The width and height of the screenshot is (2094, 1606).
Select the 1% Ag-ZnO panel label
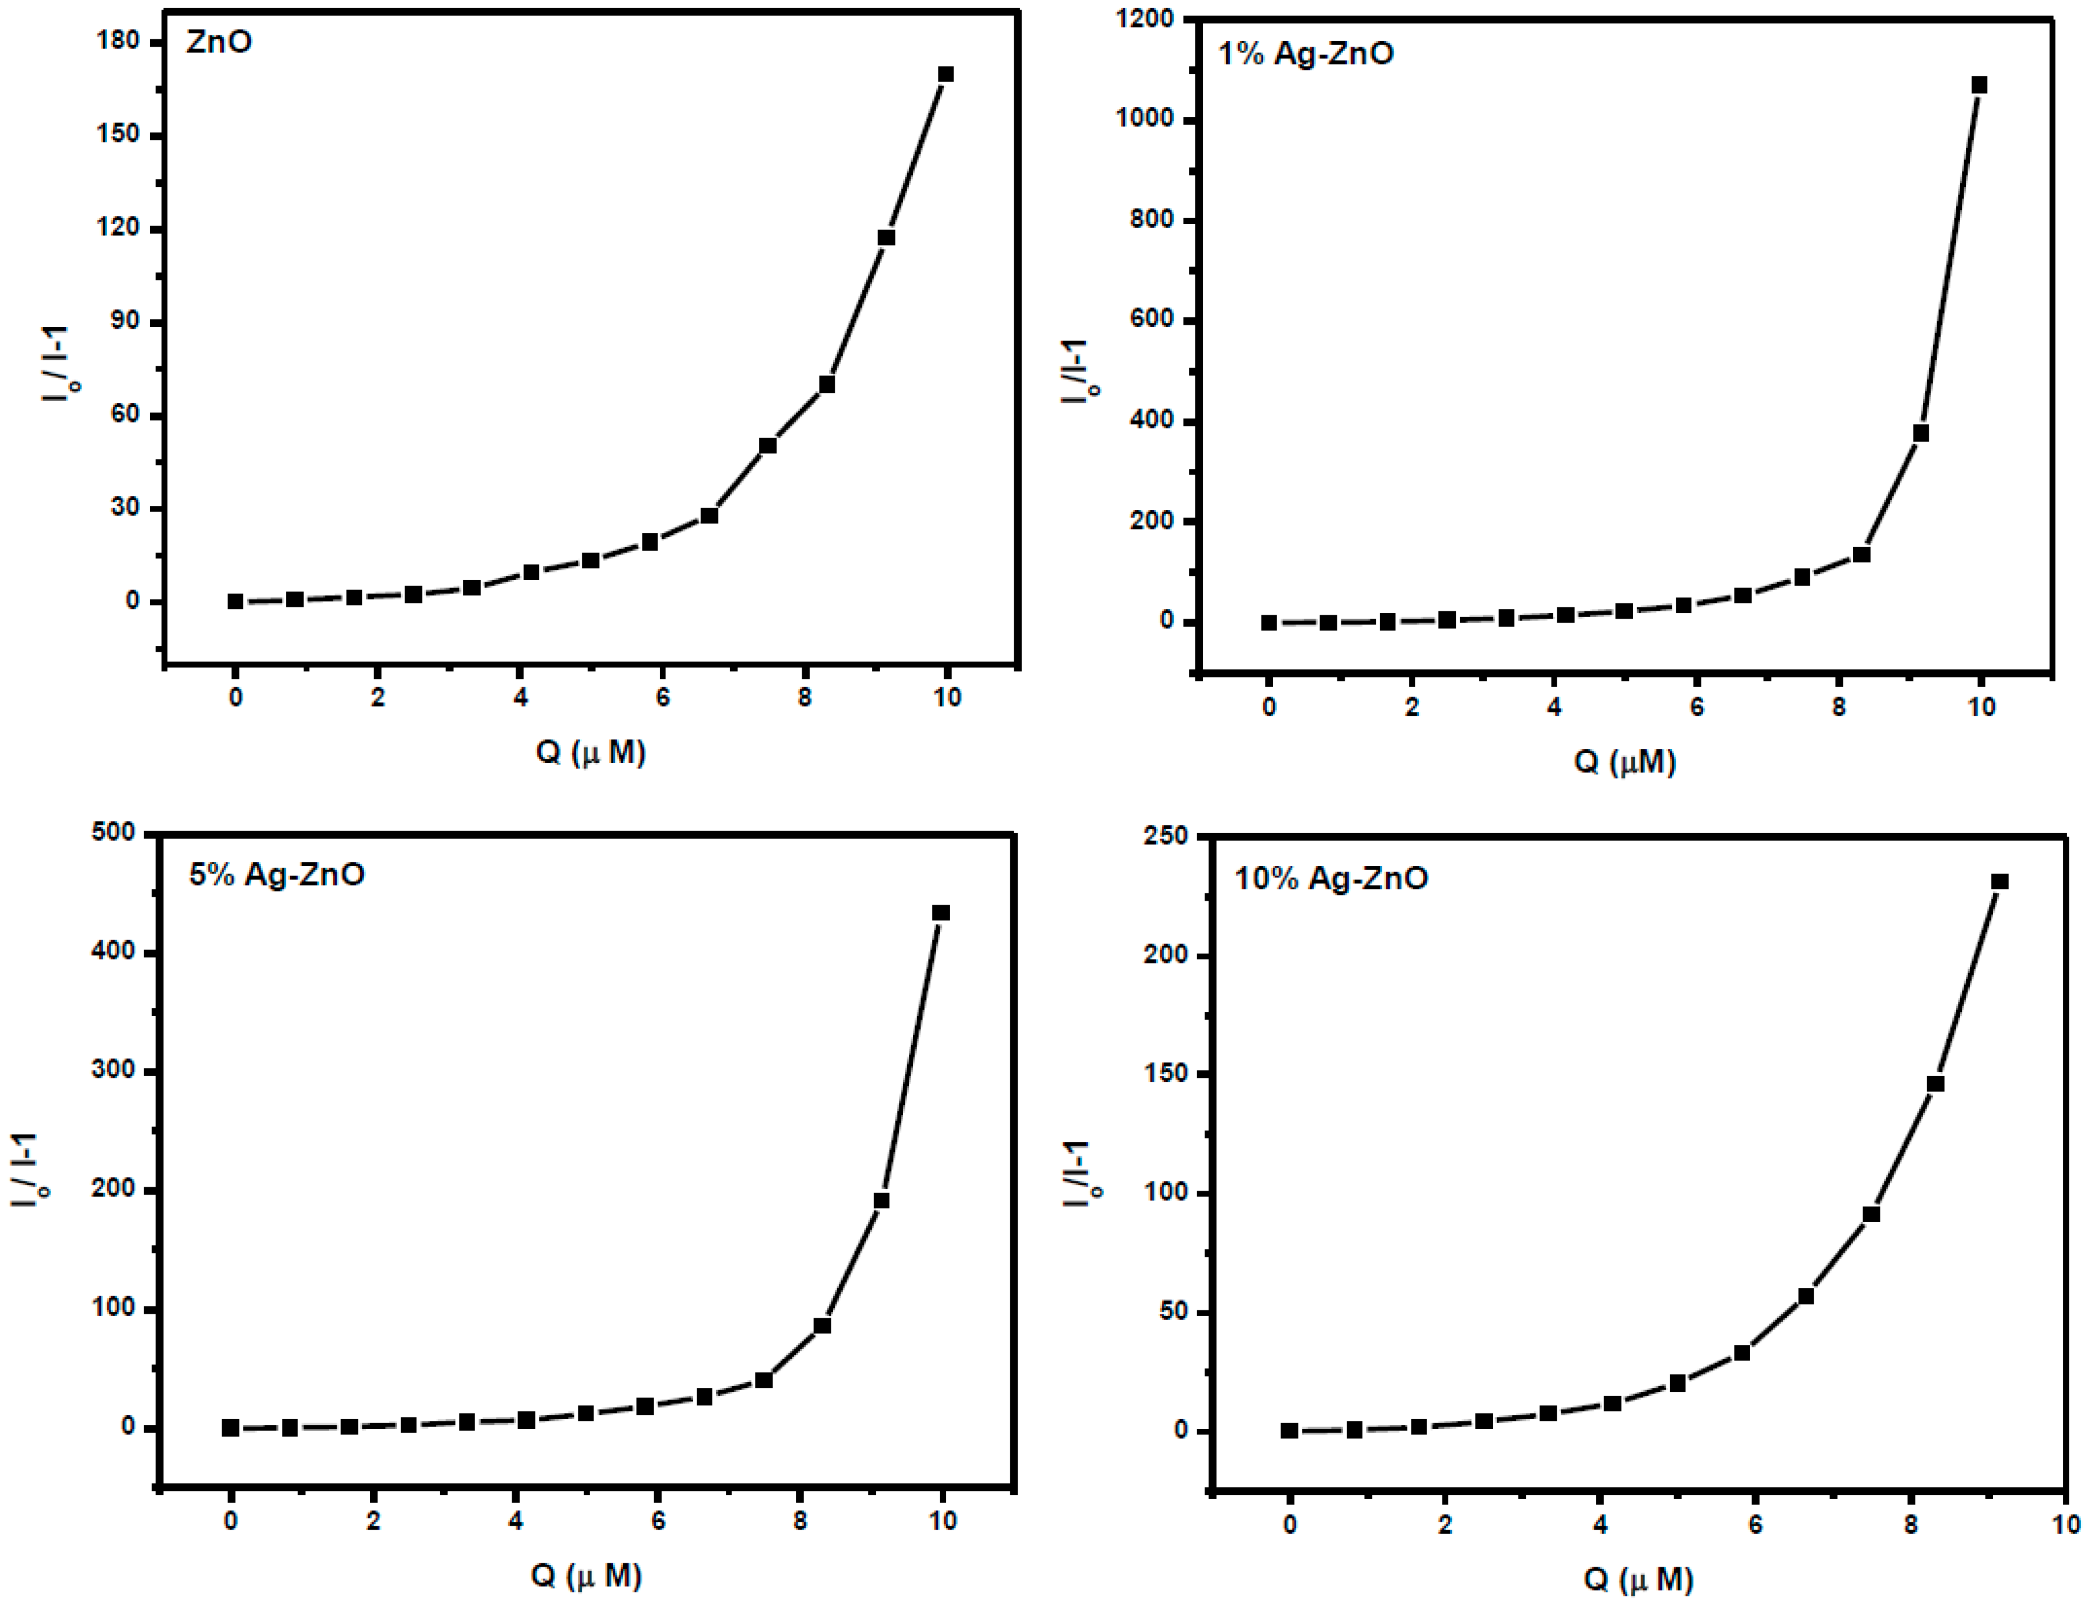[1305, 54]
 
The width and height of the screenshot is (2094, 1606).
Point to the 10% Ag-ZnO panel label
[1331, 878]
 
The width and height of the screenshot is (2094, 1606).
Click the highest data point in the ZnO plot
[946, 75]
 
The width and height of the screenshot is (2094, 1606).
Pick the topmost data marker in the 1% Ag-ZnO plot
[1979, 85]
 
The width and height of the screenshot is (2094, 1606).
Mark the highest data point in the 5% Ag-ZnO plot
[941, 913]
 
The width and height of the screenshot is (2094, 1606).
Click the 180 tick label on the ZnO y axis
[119, 41]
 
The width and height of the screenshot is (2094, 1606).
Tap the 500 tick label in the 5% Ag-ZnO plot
[113, 833]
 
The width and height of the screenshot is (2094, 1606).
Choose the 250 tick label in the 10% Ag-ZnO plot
[1166, 836]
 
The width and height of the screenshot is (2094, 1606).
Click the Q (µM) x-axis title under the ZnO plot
[590, 753]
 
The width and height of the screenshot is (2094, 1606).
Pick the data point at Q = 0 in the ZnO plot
[235, 601]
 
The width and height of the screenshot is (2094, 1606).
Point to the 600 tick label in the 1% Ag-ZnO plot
[1151, 319]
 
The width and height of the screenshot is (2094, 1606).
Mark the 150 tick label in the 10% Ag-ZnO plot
[1166, 1073]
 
